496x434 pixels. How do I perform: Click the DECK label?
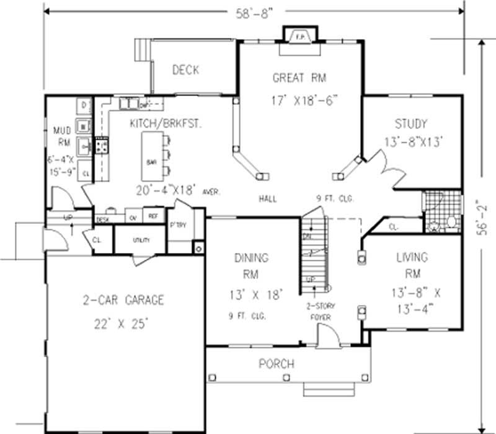[185, 70]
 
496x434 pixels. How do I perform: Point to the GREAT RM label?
[299, 78]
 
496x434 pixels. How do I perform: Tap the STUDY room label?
[411, 123]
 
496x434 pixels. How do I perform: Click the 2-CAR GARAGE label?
[124, 301]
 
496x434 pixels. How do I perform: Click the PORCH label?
[277, 364]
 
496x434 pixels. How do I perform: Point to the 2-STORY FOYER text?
[317, 312]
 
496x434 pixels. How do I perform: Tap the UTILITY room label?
[141, 239]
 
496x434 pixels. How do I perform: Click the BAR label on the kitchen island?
[151, 162]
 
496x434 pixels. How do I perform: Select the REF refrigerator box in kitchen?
[153, 216]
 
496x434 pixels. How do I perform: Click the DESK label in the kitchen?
[103, 219]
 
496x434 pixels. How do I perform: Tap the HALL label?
[268, 199]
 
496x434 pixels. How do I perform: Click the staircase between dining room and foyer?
[314, 254]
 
